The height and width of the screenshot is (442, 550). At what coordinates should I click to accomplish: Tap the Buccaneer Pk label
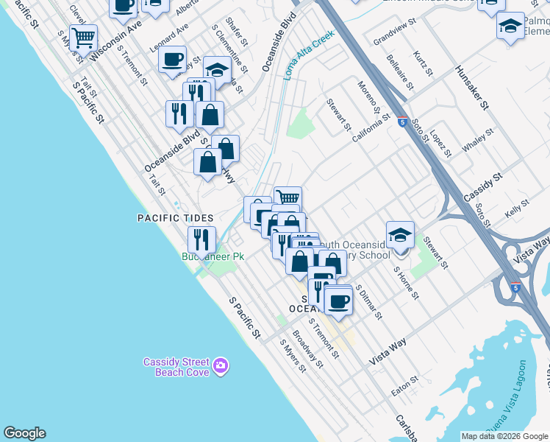213,256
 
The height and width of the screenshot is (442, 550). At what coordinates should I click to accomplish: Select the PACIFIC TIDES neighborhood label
175,218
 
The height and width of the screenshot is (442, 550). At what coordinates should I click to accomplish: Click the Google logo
24,433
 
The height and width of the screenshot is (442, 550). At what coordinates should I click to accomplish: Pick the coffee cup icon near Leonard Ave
172,60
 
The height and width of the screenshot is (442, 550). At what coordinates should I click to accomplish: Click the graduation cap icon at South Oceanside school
400,236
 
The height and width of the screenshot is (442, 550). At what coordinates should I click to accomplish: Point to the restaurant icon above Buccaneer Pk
201,239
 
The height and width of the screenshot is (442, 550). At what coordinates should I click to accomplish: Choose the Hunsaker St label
471,87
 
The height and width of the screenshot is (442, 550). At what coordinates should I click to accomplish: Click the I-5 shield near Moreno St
401,122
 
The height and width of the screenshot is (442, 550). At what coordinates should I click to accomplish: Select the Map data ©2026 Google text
504,436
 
